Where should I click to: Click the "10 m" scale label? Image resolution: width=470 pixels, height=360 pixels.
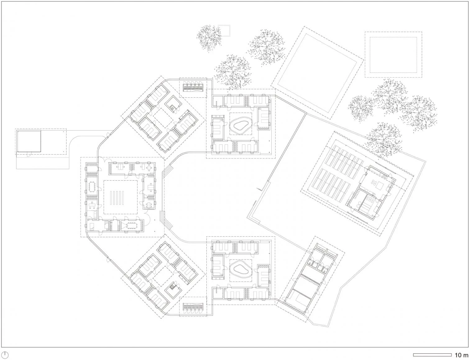click(462, 355)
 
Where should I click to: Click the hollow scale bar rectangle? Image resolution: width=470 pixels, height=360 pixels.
click(432, 355)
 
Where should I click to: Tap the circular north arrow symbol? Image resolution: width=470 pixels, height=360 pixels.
click(5, 355)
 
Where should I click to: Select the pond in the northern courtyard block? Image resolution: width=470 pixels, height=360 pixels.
click(241, 125)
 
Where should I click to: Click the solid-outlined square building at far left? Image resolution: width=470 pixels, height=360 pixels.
click(29, 141)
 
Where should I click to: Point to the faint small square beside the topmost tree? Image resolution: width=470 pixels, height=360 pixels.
click(224, 30)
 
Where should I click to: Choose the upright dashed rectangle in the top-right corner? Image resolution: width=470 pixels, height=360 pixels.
click(394, 54)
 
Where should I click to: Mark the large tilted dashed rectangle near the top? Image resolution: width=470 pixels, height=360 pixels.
click(317, 73)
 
